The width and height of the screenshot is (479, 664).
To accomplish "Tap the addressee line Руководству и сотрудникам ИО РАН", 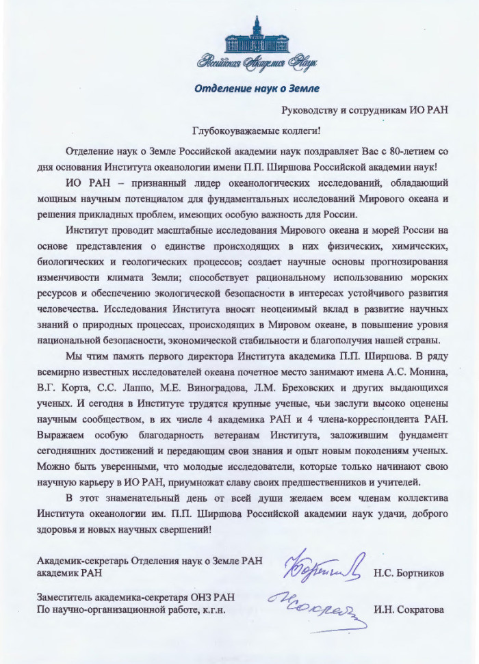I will [x=365, y=109].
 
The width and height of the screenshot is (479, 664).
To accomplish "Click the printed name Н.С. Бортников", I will [x=409, y=573].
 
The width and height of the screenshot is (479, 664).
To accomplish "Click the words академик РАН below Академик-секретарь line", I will [x=68, y=573].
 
